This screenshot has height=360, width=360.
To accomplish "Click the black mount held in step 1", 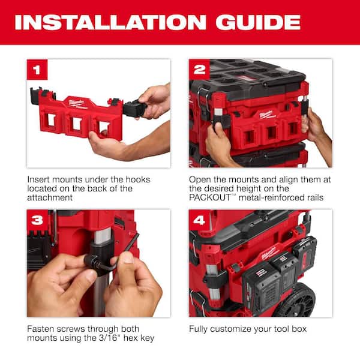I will pyautogui.click(x=134, y=107).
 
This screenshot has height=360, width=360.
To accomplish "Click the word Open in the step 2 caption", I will pyautogui.click(x=200, y=179).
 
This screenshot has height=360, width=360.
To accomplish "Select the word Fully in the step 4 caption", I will pyautogui.click(x=200, y=329).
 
